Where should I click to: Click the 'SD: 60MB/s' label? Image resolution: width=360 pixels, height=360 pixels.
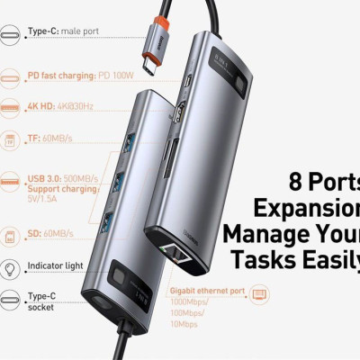click(x=49, y=234)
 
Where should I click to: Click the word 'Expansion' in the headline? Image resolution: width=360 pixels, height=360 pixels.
click(x=306, y=208)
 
